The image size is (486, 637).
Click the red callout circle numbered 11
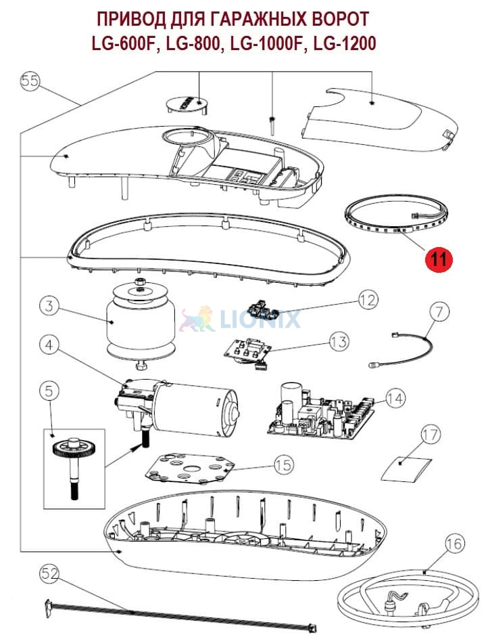coord(438,259)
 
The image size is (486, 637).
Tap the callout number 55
coord(30,81)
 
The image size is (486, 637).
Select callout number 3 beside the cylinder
coord(49,305)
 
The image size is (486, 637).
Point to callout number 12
coord(368,300)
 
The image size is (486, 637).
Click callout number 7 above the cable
coord(439,311)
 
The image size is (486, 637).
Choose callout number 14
coord(395,399)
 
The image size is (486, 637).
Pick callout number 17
coord(431,435)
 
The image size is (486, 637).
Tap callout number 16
coord(455,544)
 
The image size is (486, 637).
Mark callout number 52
coord(50,573)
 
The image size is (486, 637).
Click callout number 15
coord(284,464)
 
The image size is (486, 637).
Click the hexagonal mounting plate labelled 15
coord(190,469)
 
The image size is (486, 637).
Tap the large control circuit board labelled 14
coord(320,412)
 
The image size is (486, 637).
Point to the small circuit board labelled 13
coord(248,350)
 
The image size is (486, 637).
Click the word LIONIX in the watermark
coord(260,319)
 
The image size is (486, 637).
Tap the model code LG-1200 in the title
coord(345,43)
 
